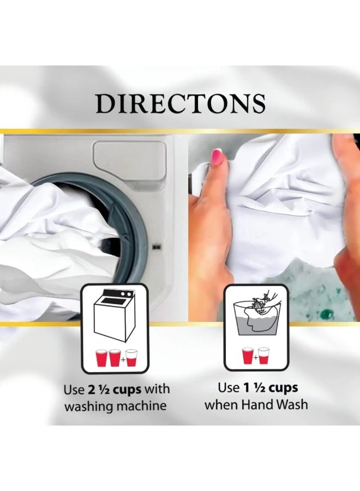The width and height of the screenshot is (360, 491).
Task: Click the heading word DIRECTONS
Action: (x=181, y=104)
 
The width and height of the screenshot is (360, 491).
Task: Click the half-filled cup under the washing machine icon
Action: (x=131, y=357)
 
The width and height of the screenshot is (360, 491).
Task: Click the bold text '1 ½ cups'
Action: (x=270, y=388)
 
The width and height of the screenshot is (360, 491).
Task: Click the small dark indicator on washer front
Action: (x=155, y=247)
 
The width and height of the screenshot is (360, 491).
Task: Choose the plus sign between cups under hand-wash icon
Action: (x=255, y=357)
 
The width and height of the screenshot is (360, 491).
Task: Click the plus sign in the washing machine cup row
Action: (x=123, y=360)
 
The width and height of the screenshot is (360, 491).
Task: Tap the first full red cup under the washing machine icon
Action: (x=101, y=357)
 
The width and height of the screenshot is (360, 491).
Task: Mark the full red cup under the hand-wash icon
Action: (x=247, y=356)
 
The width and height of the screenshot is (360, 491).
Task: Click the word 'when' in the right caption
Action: (x=221, y=404)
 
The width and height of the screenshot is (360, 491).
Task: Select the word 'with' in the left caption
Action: (x=158, y=390)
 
